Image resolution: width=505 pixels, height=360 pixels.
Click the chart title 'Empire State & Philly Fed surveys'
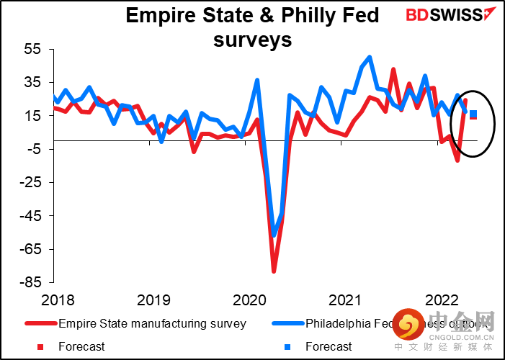(x=252, y=27)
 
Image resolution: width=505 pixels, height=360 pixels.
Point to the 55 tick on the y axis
(x=33, y=50)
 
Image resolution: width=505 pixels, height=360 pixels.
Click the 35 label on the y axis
(x=33, y=83)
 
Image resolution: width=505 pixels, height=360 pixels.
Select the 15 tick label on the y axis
(x=33, y=116)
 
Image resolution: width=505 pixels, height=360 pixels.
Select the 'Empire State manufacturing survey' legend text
(x=152, y=324)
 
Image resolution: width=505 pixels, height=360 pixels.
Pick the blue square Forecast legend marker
(x=287, y=347)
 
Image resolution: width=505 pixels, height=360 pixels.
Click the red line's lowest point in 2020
(x=274, y=271)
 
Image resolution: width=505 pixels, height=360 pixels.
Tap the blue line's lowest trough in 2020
(x=274, y=235)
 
